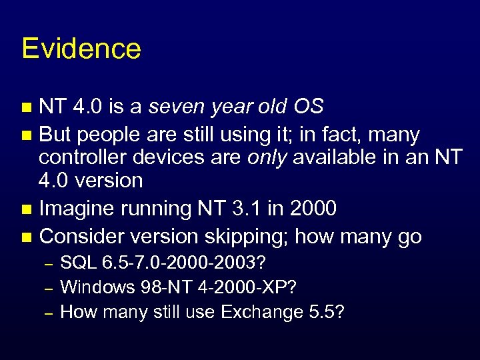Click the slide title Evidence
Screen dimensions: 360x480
click(x=81, y=49)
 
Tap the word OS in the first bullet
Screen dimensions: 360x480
click(x=307, y=107)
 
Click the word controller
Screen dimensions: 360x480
click(x=79, y=157)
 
